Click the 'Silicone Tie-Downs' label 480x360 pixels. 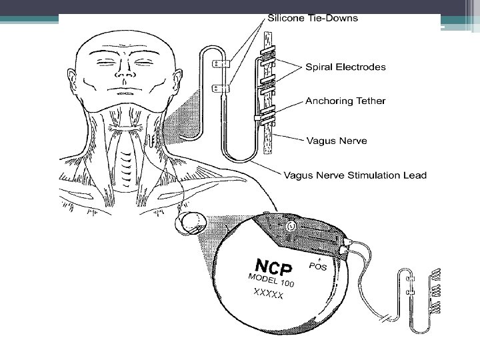click(x=312, y=18)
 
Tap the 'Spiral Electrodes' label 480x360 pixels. click(x=345, y=67)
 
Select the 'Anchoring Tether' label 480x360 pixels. click(x=345, y=101)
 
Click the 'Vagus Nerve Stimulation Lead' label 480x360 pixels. click(x=355, y=175)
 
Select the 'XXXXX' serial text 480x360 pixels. click(x=268, y=294)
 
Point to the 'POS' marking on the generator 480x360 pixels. click(x=319, y=266)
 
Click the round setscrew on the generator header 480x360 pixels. click(x=291, y=227)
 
